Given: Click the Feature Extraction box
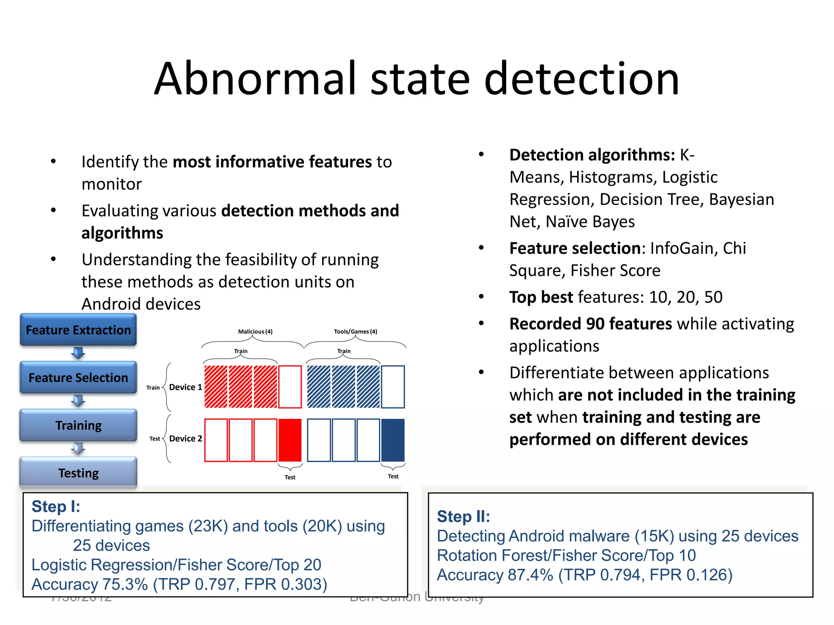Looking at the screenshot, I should coord(78,330).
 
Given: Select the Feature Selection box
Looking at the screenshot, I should coord(78,378).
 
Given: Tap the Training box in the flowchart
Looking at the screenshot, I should coord(78,425).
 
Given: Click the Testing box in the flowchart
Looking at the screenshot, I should coord(78,473).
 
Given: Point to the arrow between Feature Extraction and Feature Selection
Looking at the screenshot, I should coord(78,353).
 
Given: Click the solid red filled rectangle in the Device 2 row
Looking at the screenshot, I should coord(290,440).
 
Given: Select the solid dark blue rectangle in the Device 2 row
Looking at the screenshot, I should coord(393,440).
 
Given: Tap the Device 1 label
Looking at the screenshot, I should coord(185,387).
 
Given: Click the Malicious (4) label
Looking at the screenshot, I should coord(255,332).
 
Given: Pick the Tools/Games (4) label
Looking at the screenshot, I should coord(356,332).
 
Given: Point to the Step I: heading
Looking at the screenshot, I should coord(56,507).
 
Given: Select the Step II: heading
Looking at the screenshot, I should coord(463,516).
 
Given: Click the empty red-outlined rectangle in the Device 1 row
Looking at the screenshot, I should coord(290,387).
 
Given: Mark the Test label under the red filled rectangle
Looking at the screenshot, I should coord(290,477).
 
